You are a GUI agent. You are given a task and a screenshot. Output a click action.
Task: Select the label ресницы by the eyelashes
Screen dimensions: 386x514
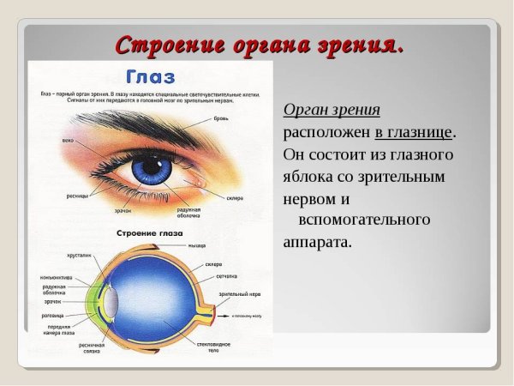78,195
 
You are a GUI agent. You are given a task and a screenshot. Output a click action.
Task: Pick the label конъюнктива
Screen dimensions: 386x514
58,276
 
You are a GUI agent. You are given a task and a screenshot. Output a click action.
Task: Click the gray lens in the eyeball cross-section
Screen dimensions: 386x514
113,302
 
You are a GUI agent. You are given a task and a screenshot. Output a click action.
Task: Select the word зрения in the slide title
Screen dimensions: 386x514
356,45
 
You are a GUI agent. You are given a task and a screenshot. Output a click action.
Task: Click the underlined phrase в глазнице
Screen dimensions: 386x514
414,133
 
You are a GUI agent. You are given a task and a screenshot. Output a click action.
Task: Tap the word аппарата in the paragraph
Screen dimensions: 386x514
317,242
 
